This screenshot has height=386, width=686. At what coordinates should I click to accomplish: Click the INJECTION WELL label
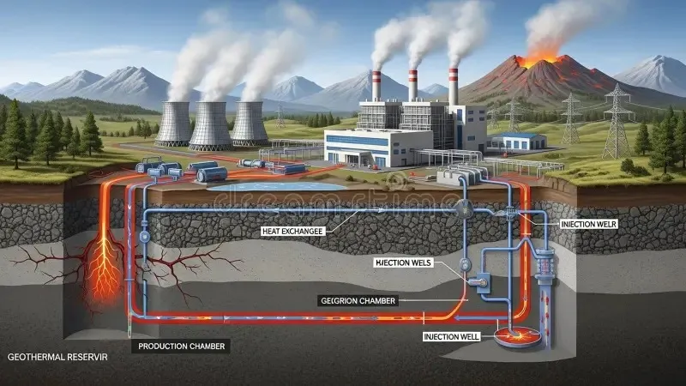452,336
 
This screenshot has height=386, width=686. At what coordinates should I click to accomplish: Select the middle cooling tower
211,125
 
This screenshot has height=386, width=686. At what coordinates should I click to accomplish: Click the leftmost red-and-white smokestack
376,86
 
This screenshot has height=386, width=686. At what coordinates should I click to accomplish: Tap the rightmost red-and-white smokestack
453,86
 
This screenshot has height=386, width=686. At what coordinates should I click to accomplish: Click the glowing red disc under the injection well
514,337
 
